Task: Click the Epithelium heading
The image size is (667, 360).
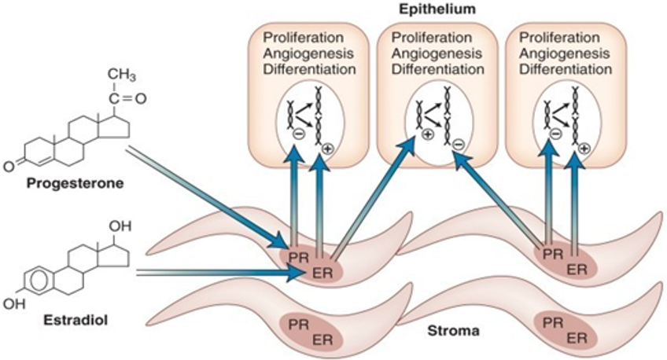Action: click(437, 9)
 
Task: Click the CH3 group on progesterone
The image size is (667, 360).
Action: click(122, 76)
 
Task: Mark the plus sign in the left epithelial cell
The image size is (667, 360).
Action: click(328, 148)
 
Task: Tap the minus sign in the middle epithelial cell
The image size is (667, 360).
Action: click(459, 145)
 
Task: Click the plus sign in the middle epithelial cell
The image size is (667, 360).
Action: click(429, 135)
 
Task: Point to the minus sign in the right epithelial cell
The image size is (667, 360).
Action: click(555, 134)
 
